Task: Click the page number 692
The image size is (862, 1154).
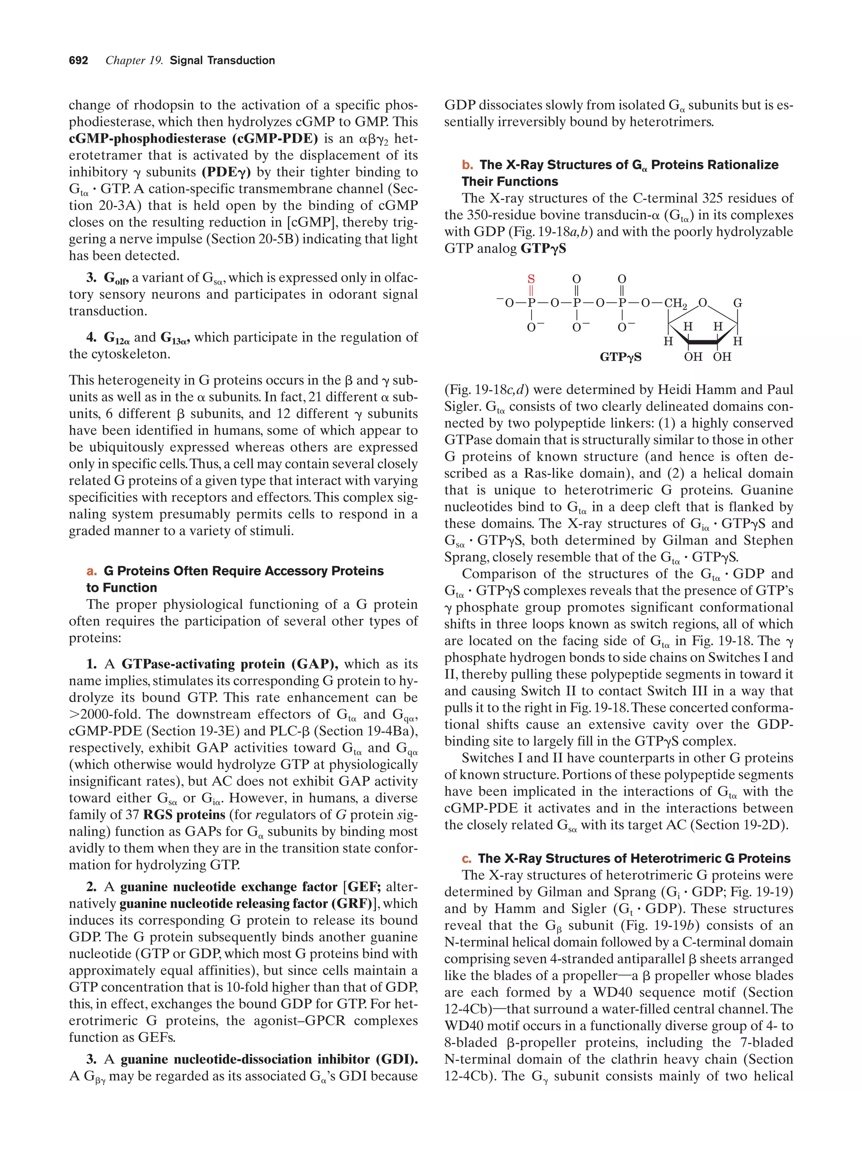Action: coord(78,61)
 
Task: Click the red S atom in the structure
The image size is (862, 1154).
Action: coord(531,279)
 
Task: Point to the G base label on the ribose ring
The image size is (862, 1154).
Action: coord(737,303)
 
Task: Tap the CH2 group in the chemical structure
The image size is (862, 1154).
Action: coord(675,304)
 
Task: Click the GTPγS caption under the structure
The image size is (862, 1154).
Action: coord(620,357)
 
